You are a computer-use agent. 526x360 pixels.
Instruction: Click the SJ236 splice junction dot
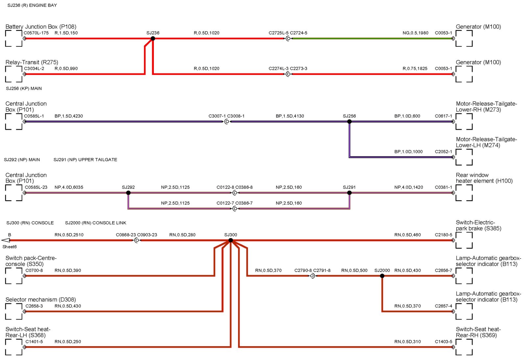[153, 38]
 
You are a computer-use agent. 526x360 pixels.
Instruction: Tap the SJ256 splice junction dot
[349, 122]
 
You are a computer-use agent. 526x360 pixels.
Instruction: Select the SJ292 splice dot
[128, 193]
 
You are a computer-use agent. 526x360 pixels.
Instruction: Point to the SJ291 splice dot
[349, 193]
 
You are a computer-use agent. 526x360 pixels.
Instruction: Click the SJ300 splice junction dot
[231, 240]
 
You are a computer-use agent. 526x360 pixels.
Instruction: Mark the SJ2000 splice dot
[382, 276]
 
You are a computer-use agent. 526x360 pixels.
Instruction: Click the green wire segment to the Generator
[371, 38]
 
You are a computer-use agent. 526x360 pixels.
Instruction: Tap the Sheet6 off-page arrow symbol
[6, 240]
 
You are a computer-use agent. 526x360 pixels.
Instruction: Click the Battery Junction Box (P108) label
[41, 27]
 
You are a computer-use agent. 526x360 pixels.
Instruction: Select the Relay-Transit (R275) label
[32, 62]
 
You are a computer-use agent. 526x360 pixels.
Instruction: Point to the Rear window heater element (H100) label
[484, 178]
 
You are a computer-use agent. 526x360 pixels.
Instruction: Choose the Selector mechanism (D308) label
[41, 300]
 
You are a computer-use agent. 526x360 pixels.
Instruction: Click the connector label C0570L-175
[36, 33]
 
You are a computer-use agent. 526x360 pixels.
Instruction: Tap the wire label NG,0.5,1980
[415, 33]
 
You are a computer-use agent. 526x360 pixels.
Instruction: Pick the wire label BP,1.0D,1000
[408, 152]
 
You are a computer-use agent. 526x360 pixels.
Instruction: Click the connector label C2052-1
[443, 152]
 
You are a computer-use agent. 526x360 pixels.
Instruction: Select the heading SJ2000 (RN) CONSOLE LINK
[96, 223]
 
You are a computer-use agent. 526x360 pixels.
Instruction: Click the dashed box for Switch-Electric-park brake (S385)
[464, 240]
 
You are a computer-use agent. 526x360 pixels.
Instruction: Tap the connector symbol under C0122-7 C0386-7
[235, 209]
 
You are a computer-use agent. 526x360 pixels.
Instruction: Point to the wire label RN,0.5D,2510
[69, 235]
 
